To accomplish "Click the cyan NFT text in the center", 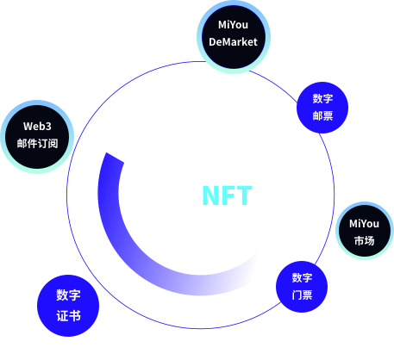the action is point(227,196).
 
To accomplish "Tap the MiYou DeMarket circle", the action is point(234,37).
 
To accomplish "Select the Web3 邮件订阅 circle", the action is point(37,137).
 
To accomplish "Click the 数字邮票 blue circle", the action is point(322,108).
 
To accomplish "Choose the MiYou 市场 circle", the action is point(365,231).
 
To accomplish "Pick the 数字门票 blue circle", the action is point(302,287).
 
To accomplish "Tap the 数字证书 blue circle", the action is point(68,306).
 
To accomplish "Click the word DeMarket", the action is point(233,42).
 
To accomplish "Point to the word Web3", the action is point(37,127).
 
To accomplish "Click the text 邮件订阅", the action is point(37,143).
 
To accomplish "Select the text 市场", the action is point(364,240).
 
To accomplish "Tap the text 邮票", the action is point(322,115).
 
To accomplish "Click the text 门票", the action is point(302,295).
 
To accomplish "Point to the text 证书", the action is point(68,316).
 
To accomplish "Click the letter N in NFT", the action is point(210,196).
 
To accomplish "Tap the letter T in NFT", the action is point(244,196).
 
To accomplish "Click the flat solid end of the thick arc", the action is point(115,158).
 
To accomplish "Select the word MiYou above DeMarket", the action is point(233,25).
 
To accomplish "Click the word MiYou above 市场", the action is point(364,224).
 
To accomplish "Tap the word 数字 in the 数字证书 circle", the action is point(68,295).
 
